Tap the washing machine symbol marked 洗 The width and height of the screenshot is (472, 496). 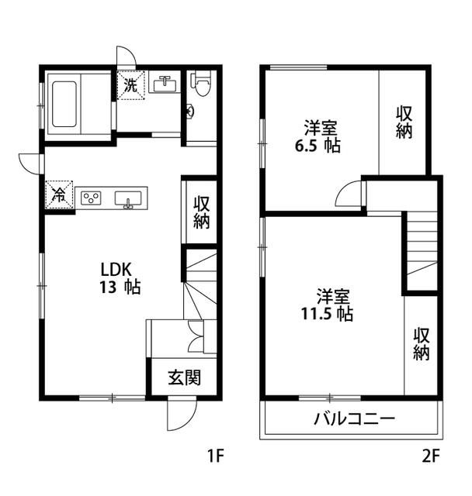click(x=130, y=84)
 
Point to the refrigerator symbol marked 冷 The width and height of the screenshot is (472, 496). click(x=59, y=196)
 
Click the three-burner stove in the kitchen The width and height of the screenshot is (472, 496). click(x=92, y=198)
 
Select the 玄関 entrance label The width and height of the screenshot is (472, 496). click(x=185, y=378)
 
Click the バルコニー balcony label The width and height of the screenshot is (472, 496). click(x=354, y=420)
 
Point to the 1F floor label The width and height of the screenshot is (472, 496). click(x=215, y=456)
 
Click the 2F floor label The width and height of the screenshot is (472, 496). click(x=431, y=456)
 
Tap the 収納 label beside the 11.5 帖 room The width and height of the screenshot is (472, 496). click(x=422, y=343)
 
